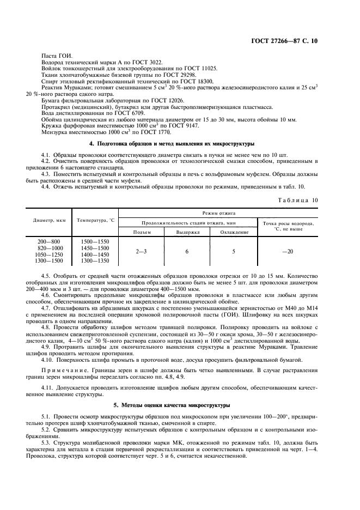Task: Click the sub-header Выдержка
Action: point(187,232)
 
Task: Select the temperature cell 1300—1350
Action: point(95,260)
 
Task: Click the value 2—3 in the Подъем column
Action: point(141,251)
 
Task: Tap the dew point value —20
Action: point(288,251)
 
